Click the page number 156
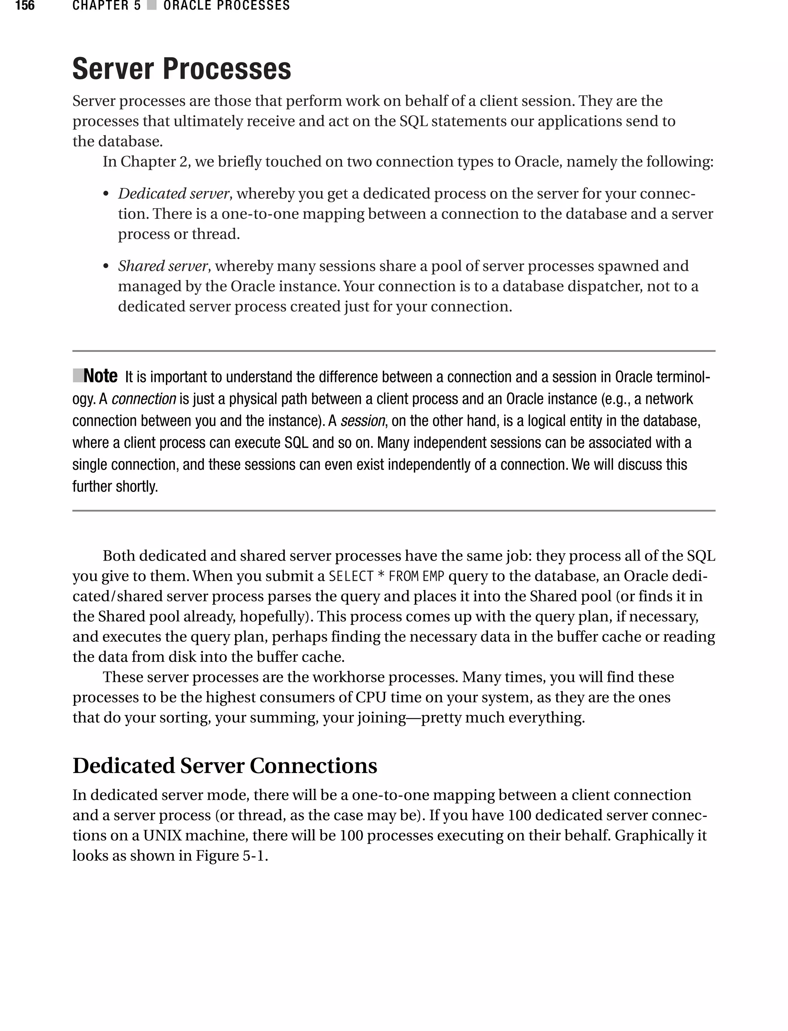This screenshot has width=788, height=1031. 25,6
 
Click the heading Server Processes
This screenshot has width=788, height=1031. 182,69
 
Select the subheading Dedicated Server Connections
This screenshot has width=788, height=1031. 225,766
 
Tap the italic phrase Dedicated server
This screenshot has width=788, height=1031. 173,193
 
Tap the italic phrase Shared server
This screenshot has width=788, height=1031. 162,266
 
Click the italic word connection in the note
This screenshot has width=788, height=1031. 144,399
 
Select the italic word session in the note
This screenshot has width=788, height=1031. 362,420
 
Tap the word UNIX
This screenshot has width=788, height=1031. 163,835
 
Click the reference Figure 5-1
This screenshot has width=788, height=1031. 230,855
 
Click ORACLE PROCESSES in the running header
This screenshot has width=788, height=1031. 227,6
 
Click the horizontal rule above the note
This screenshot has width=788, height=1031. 394,351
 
